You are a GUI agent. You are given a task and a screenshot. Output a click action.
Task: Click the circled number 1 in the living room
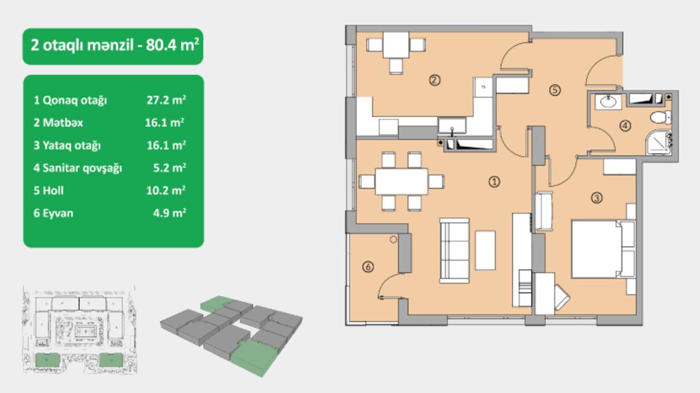tap(494, 182)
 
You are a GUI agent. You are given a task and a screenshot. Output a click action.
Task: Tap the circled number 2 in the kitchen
tap(434, 80)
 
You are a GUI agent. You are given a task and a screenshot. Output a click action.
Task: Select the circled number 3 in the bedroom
tap(596, 198)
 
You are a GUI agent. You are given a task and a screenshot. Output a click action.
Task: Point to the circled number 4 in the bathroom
tap(625, 126)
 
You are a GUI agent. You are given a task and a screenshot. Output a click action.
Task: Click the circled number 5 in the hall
tap(554, 90)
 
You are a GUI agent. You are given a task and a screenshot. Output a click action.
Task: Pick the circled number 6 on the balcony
tap(368, 267)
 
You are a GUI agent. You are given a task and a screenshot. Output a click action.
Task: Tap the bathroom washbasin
tap(608, 102)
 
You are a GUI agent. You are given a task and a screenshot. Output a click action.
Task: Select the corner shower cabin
tap(658, 142)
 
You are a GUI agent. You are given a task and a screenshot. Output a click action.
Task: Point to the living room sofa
tap(455, 251)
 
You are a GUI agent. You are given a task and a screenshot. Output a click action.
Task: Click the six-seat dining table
tap(401, 181)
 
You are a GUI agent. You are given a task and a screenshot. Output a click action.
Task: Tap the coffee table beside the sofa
tap(485, 250)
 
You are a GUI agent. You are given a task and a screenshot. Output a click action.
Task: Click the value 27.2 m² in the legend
tap(166, 100)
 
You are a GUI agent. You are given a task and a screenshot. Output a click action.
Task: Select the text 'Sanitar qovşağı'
tap(82, 168)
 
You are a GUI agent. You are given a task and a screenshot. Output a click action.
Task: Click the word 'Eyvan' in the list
tap(57, 213)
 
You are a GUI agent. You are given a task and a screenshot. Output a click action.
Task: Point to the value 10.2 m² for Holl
tap(165, 191)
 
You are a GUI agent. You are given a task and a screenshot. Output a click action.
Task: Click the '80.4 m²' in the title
tap(172, 45)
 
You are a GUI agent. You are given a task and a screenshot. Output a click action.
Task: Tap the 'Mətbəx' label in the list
tap(62, 123)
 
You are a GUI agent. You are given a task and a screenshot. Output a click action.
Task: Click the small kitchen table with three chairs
tap(396, 52)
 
